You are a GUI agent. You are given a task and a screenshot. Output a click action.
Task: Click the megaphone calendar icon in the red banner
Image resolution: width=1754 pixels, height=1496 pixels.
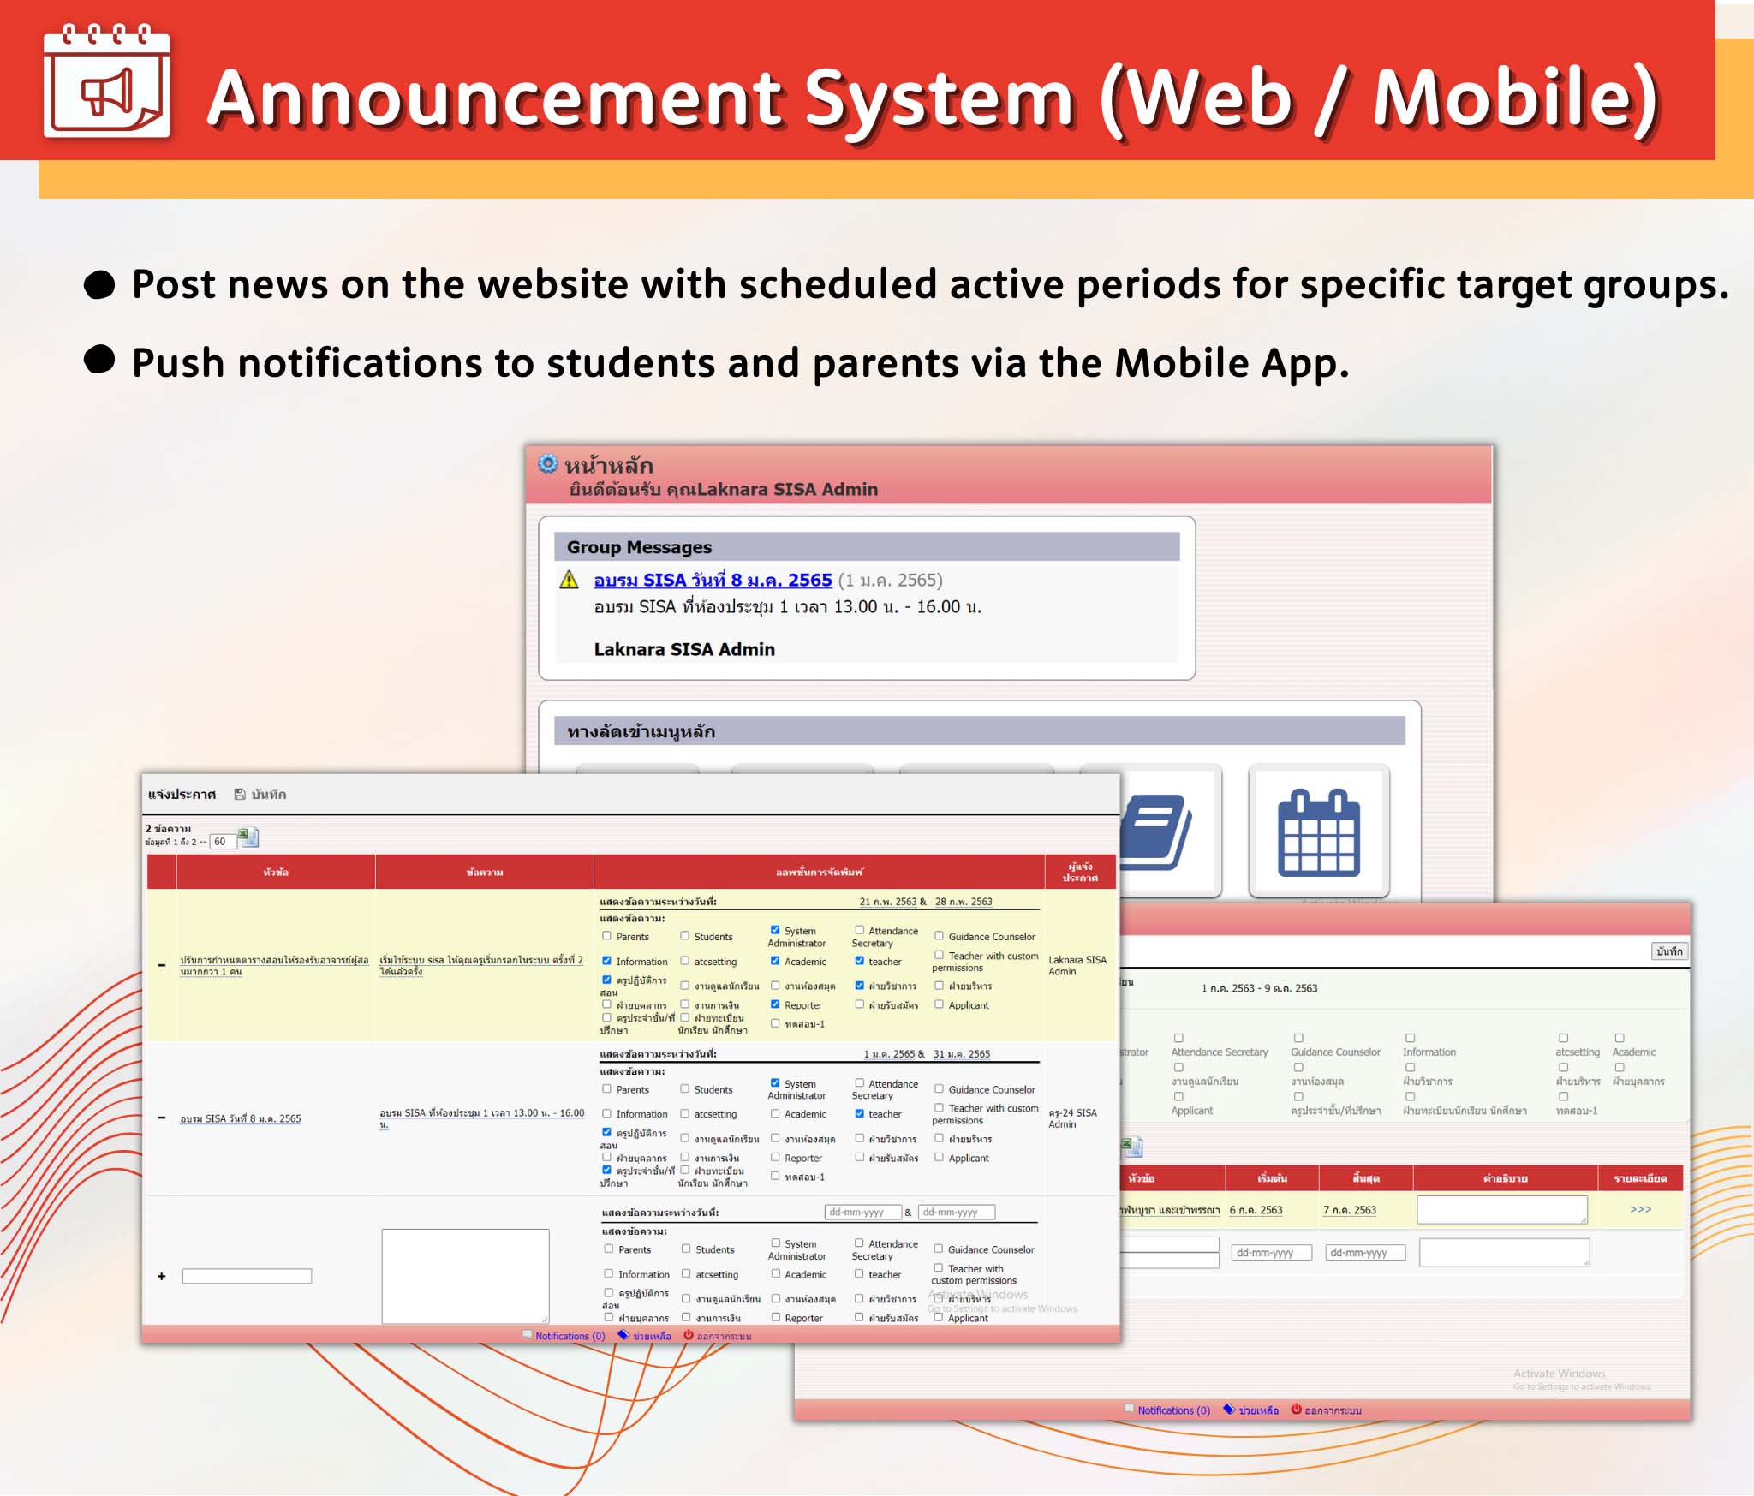click(106, 83)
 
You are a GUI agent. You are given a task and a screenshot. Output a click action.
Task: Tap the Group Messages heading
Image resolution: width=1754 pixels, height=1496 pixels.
click(639, 547)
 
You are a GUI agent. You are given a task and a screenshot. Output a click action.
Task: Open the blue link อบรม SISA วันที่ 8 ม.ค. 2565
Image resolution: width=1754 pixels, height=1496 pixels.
click(713, 581)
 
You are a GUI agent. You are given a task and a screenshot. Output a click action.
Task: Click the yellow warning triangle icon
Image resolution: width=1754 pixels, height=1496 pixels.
click(569, 580)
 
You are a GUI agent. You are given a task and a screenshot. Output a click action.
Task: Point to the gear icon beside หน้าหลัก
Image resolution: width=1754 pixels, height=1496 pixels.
click(547, 464)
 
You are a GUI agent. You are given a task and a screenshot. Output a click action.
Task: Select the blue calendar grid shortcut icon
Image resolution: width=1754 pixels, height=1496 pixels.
click(1318, 832)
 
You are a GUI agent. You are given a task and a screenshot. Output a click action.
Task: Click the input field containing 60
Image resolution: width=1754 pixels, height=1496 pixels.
click(222, 842)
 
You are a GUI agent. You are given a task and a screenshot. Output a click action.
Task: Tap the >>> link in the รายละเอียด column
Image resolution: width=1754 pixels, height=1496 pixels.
click(1640, 1209)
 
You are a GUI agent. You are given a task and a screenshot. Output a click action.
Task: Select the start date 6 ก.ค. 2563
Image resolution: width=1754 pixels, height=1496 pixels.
click(1256, 1210)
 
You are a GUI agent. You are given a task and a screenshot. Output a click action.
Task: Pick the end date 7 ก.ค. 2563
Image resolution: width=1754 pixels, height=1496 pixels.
click(1350, 1210)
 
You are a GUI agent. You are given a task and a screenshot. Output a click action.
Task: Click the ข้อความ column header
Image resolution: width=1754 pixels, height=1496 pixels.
click(484, 873)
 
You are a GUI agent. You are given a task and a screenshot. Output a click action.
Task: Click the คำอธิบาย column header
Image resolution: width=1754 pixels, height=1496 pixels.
click(1505, 1179)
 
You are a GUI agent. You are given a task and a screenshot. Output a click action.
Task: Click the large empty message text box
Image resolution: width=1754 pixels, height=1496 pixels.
click(465, 1275)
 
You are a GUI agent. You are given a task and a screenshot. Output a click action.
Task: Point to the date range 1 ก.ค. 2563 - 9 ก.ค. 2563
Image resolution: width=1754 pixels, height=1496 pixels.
click(1259, 988)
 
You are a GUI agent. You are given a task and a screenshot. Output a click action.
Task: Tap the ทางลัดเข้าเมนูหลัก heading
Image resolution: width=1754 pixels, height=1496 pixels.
click(641, 731)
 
